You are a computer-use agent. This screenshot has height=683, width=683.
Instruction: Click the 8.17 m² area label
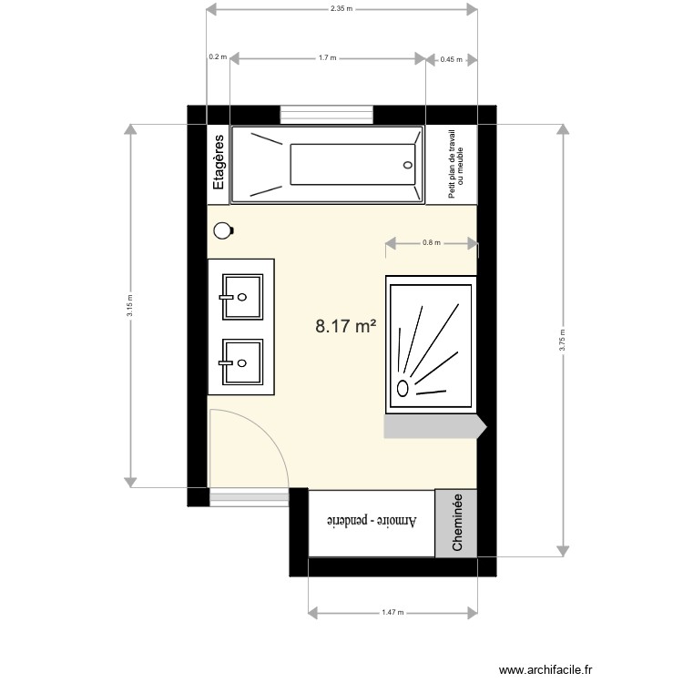(x=346, y=325)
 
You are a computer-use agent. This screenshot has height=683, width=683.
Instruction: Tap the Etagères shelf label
(x=219, y=164)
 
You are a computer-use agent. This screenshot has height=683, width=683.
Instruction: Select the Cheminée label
(x=458, y=523)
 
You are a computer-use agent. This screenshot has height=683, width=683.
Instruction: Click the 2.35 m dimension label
(x=341, y=9)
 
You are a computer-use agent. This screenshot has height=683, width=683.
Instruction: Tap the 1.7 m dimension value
(x=328, y=57)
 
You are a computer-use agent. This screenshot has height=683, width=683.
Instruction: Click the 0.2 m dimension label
(x=217, y=57)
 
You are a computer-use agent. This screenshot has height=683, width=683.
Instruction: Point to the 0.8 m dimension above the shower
(x=432, y=243)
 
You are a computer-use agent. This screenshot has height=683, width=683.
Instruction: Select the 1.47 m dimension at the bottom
(x=393, y=612)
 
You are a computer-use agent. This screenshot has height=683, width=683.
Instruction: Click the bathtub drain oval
(x=407, y=165)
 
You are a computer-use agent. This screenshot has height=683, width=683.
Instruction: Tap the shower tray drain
(x=403, y=388)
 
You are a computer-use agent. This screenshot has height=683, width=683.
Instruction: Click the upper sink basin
(x=241, y=297)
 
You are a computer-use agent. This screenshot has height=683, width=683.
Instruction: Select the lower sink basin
(x=241, y=362)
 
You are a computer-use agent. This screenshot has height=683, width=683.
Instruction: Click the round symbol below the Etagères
(x=221, y=230)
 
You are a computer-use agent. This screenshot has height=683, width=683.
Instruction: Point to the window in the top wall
(x=327, y=115)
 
